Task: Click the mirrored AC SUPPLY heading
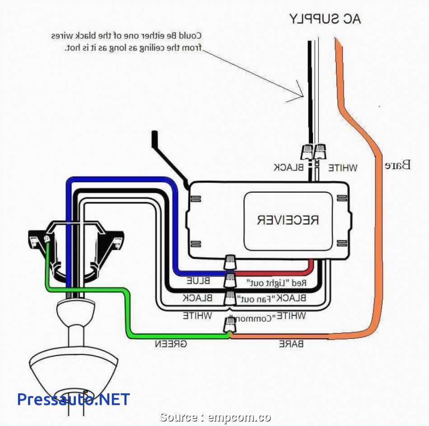(325, 19)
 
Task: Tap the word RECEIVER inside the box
(288, 220)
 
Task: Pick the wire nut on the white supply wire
(320, 153)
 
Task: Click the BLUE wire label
(198, 281)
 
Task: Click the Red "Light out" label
(276, 283)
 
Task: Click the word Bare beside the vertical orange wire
(397, 164)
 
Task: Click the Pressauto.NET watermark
(74, 399)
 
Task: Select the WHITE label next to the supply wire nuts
(342, 168)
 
